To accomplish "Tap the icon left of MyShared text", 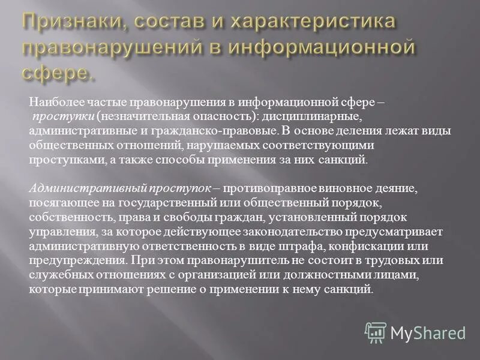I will click(376, 332).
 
